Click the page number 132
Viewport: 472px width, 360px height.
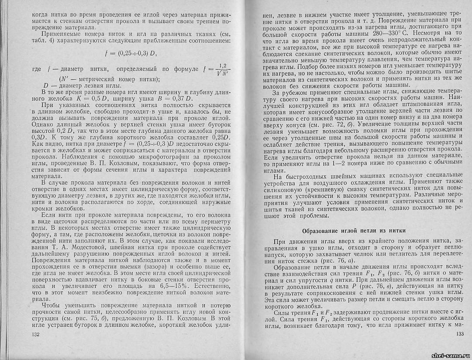pyautogui.click(x=36, y=334)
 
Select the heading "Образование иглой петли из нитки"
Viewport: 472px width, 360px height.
pyautogui.click(x=354, y=230)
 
